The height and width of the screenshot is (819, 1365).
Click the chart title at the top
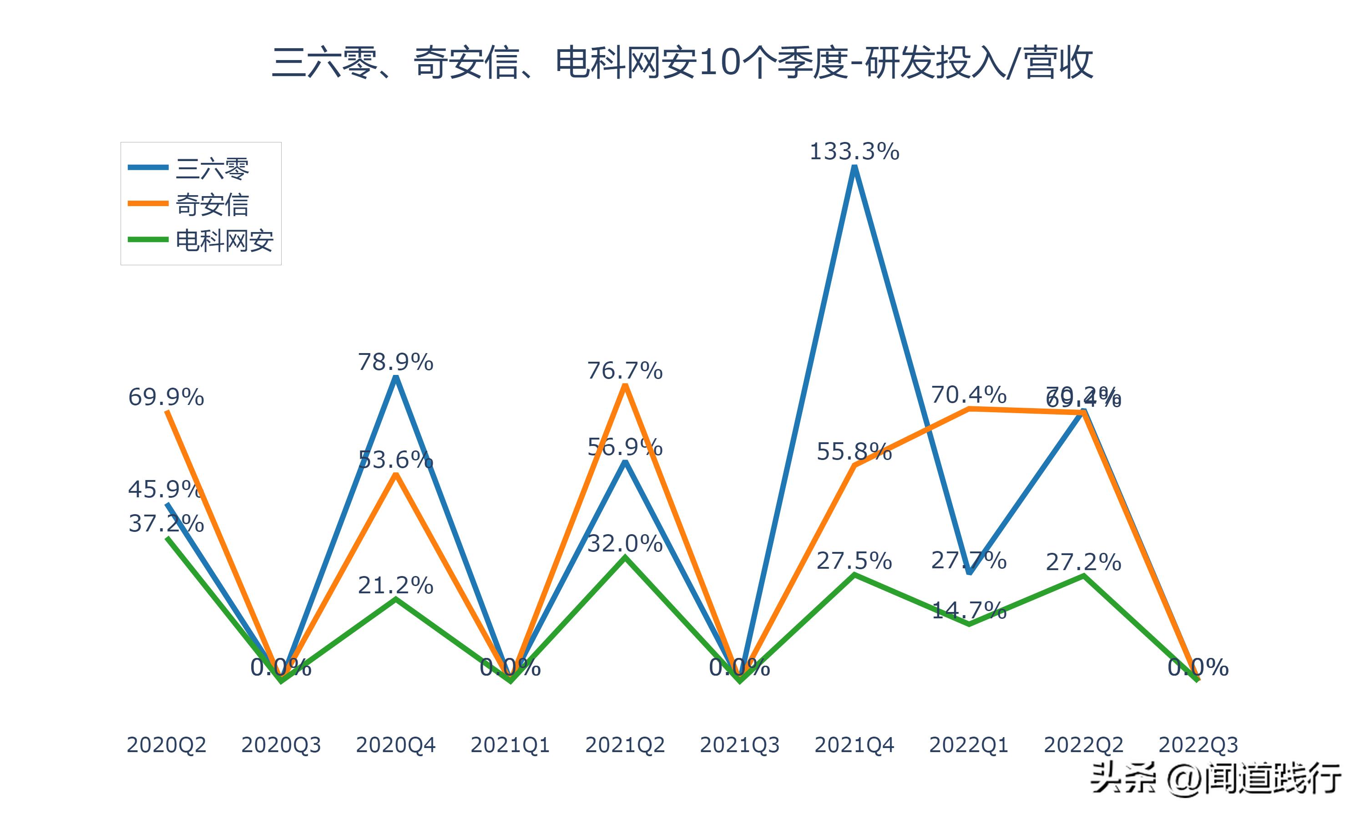682,62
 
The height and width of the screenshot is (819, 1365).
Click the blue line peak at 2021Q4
854,168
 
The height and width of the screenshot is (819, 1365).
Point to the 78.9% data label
395,363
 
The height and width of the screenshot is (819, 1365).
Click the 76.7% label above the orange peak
625,371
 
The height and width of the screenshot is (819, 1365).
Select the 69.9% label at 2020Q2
166,397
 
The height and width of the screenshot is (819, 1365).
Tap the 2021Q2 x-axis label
625,745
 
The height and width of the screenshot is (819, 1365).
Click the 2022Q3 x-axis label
1198,745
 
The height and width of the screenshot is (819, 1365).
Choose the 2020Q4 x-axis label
395,745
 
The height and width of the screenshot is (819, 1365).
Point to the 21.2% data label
395,586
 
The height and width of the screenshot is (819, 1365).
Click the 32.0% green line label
625,544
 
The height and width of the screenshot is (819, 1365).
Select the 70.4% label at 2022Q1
969,395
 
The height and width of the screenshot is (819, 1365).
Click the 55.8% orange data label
854,452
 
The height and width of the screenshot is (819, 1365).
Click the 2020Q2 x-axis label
166,745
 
